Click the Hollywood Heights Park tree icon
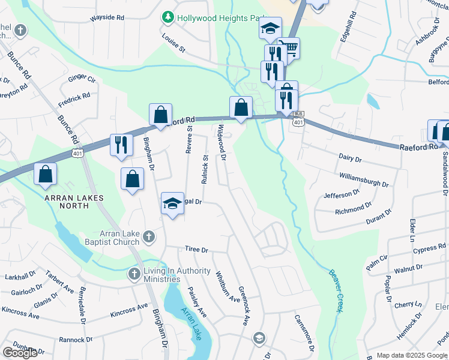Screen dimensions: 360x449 pyautogui.click(x=167, y=18)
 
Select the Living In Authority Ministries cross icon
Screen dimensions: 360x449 pyautogui.click(x=134, y=274)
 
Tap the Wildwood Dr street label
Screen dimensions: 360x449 pyautogui.click(x=221, y=143)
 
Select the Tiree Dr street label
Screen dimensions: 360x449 pyautogui.click(x=196, y=249)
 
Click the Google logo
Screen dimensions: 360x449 pyautogui.click(x=20, y=353)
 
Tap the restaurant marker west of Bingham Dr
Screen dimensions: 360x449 pyautogui.click(x=121, y=145)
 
